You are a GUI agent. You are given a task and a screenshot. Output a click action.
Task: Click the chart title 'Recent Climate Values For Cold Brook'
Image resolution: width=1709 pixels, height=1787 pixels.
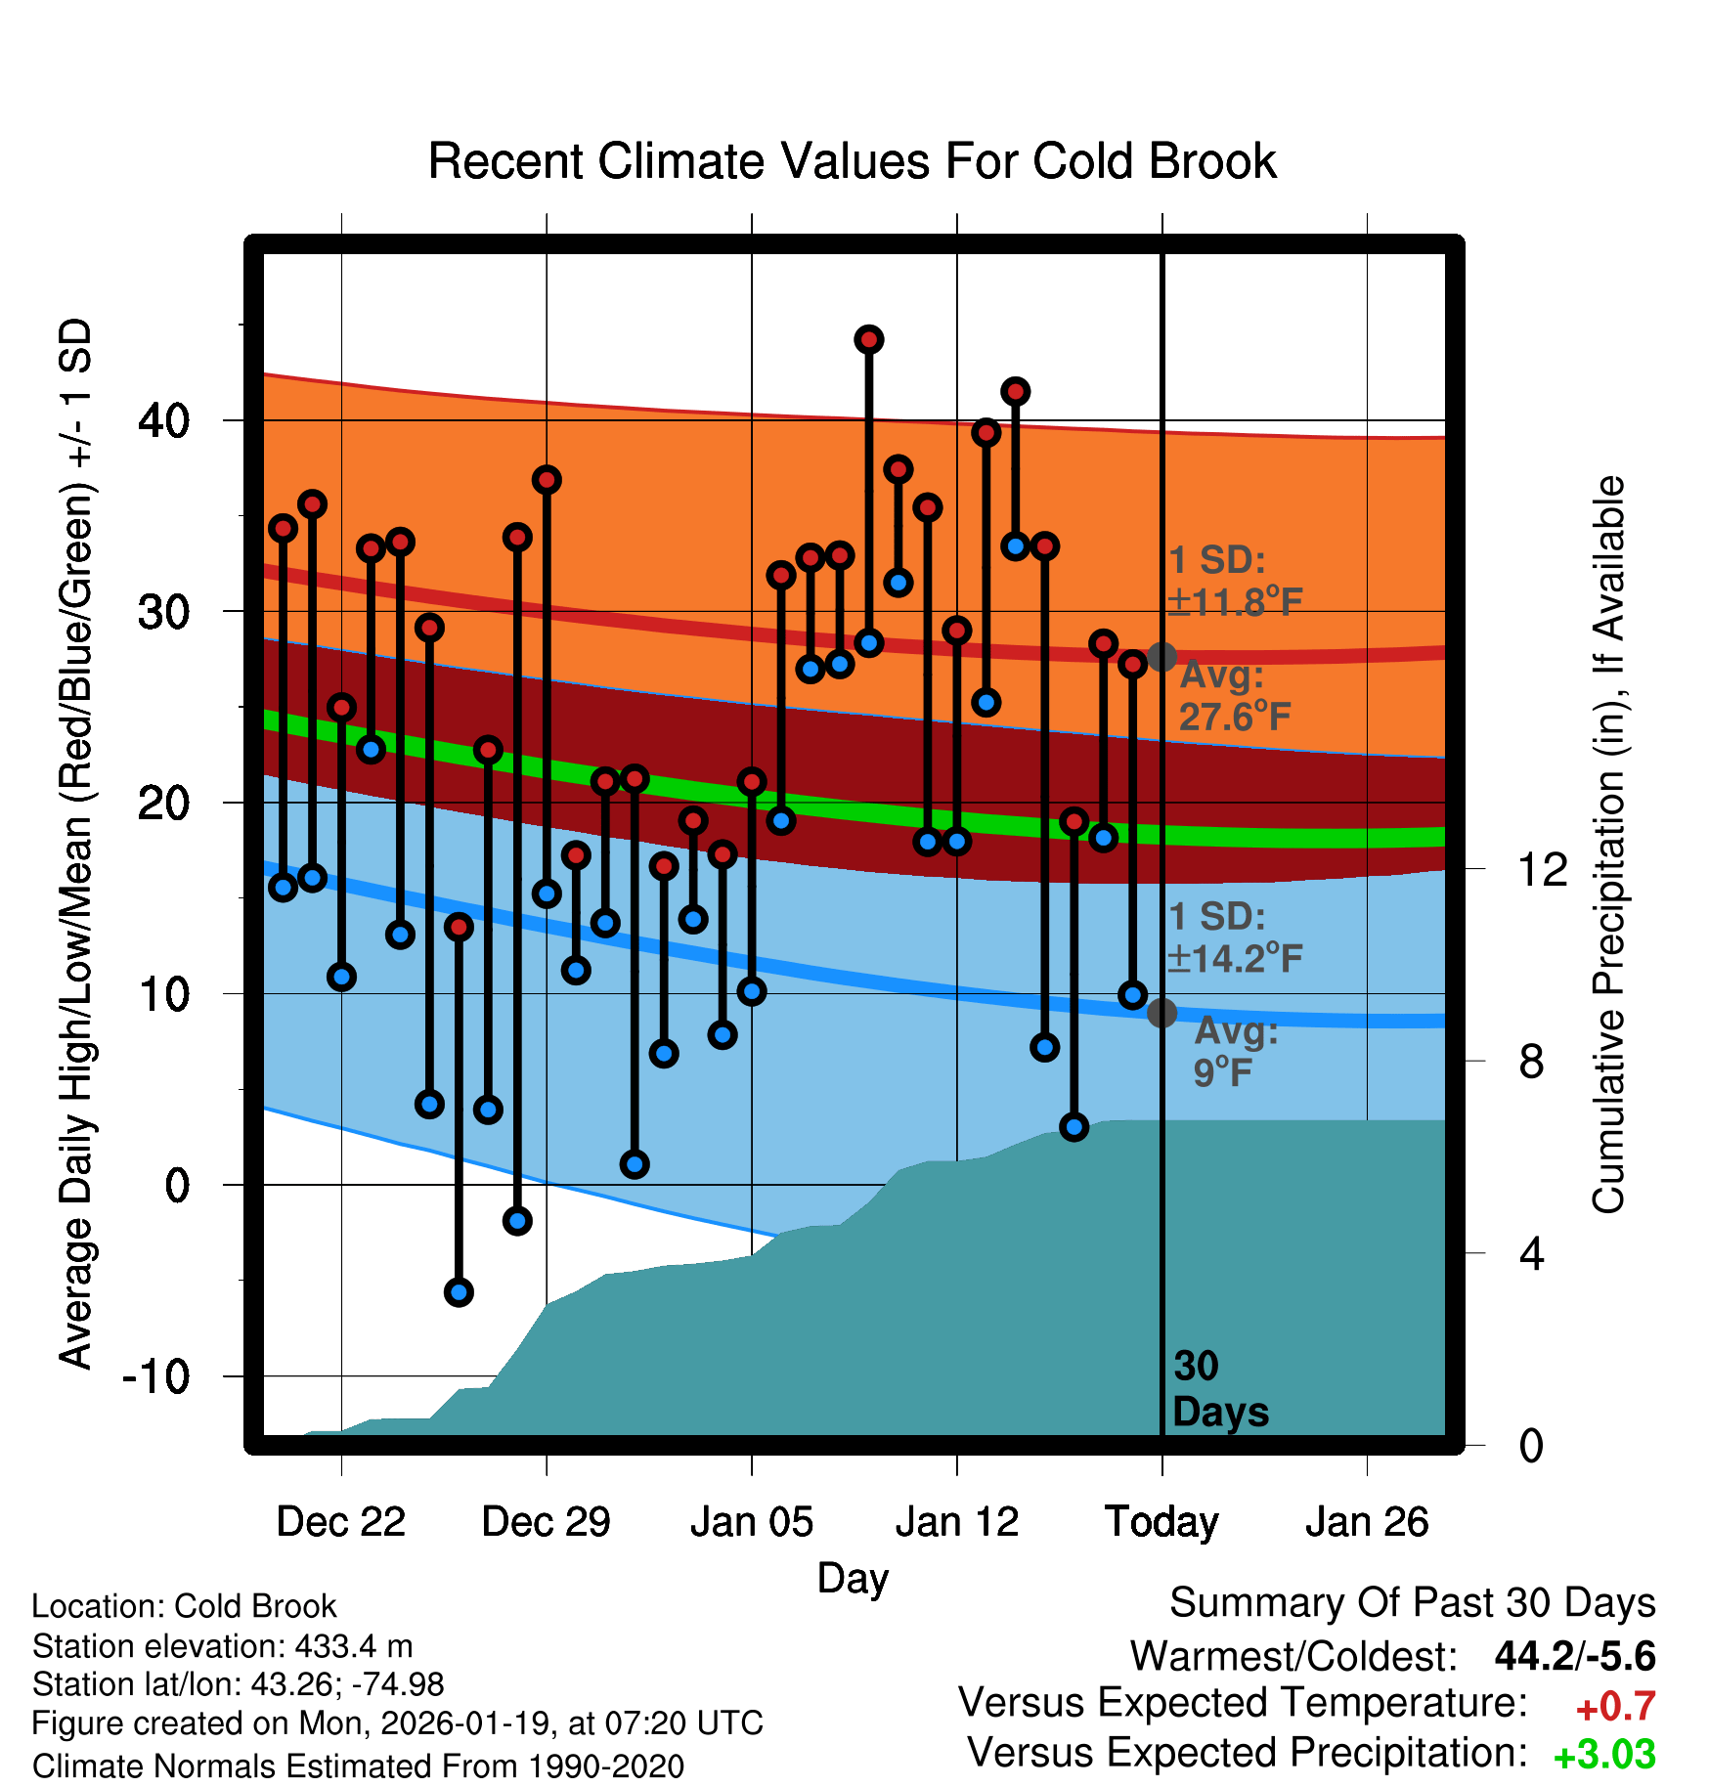pyautogui.click(x=852, y=161)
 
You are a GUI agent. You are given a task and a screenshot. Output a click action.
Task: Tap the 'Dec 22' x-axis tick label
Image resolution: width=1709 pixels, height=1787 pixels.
pyautogui.click(x=340, y=1522)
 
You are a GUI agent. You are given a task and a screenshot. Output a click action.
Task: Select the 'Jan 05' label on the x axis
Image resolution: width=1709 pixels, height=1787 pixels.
pyautogui.click(x=751, y=1522)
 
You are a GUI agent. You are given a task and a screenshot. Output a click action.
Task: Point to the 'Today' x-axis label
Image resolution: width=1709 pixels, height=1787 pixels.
pyautogui.click(x=1161, y=1522)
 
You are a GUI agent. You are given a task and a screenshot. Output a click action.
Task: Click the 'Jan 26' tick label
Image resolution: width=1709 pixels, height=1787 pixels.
pyautogui.click(x=1367, y=1522)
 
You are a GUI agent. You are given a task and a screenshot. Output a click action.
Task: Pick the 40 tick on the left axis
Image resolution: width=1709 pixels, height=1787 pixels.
pyautogui.click(x=163, y=421)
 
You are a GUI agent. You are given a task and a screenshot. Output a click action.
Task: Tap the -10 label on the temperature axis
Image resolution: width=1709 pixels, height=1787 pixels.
pyautogui.click(x=155, y=1377)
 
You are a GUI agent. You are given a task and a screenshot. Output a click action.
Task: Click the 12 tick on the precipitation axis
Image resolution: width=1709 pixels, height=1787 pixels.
pyautogui.click(x=1543, y=869)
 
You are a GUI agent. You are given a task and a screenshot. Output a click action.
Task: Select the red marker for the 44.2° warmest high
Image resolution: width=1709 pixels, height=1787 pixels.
pyautogui.click(x=869, y=339)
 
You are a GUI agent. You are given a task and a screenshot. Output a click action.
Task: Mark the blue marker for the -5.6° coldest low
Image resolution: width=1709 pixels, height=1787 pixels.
pyautogui.click(x=459, y=1292)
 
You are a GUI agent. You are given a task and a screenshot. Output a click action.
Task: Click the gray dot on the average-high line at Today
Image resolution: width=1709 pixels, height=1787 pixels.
pyautogui.click(x=1161, y=657)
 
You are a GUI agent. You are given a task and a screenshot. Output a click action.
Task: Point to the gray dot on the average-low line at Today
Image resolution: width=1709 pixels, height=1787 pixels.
pyautogui.click(x=1161, y=1013)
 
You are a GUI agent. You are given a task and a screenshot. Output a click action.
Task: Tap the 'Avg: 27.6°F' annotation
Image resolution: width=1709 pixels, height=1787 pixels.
pyautogui.click(x=1234, y=696)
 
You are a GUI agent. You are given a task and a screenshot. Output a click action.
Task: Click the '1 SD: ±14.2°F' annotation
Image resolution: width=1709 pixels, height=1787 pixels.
pyautogui.click(x=1235, y=937)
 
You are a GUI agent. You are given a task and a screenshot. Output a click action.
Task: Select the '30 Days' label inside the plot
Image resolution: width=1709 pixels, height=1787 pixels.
pyautogui.click(x=1219, y=1389)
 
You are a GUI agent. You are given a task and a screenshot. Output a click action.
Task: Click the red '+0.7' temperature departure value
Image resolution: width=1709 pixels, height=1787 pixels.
pyautogui.click(x=1615, y=1707)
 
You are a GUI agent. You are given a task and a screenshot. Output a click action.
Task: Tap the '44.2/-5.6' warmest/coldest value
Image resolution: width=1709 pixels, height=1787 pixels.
pyautogui.click(x=1574, y=1657)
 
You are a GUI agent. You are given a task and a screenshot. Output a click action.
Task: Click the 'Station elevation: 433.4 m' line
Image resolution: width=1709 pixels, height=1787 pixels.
pyautogui.click(x=223, y=1646)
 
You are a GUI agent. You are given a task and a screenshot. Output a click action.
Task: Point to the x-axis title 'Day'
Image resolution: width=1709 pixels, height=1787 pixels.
pyautogui.click(x=853, y=1578)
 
